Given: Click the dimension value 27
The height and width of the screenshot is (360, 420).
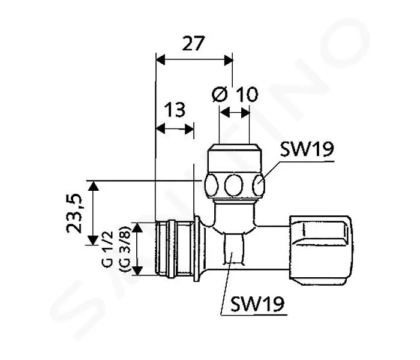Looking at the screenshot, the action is pyautogui.click(x=193, y=43).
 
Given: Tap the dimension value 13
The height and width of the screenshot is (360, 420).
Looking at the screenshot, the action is pyautogui.click(x=175, y=110).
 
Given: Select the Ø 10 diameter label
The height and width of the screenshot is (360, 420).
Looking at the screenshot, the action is pyautogui.click(x=235, y=94).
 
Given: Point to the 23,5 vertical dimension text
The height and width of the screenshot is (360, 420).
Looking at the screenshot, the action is pyautogui.click(x=74, y=213).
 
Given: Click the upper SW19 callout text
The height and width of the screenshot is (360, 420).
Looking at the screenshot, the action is pyautogui.click(x=307, y=149).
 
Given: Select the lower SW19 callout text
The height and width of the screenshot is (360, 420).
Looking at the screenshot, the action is pyautogui.click(x=257, y=304).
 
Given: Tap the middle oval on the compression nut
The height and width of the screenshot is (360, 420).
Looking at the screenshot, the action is pyautogui.click(x=234, y=185).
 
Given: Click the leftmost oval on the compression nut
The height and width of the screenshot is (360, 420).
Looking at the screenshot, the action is pyautogui.click(x=211, y=185).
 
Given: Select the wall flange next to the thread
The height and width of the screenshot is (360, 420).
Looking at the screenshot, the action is pyautogui.click(x=197, y=249).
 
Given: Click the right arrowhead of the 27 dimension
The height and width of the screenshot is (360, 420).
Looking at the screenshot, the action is pyautogui.click(x=229, y=60).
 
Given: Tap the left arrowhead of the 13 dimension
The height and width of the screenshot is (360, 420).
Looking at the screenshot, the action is pyautogui.click(x=160, y=129).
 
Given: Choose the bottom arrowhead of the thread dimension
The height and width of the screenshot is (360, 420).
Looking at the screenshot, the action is pyautogui.click(x=137, y=271).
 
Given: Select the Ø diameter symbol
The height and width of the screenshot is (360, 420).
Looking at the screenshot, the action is pyautogui.click(x=220, y=94).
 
